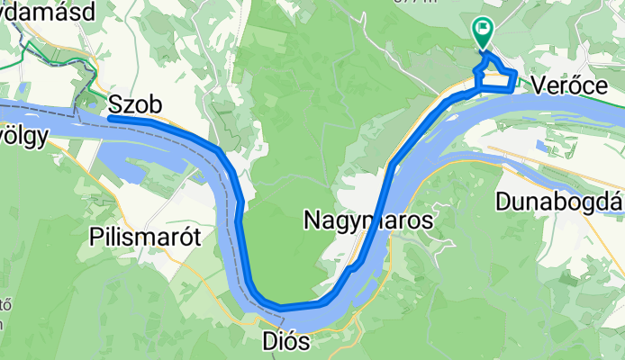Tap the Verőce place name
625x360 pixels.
pyautogui.click(x=568, y=85)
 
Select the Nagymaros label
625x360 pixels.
pyautogui.click(x=368, y=220)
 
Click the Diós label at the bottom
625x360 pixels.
pyautogui.click(x=285, y=342)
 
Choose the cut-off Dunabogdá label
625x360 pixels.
pyautogui.click(x=559, y=200)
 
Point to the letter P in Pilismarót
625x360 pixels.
pyautogui.click(x=95, y=238)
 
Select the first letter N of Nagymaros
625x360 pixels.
pyautogui.click(x=312, y=220)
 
